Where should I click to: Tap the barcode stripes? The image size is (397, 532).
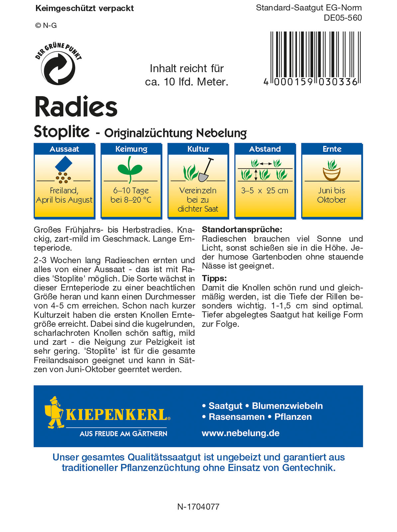(315, 55)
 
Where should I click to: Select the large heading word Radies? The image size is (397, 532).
(76, 107)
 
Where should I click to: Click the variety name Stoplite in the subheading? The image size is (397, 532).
(62, 132)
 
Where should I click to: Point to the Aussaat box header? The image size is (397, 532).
(64, 149)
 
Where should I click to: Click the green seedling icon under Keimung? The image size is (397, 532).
(130, 169)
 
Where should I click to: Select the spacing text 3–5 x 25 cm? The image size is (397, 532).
(265, 191)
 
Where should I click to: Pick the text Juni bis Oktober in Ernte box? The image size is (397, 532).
(332, 195)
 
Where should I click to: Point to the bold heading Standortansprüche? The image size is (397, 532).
(242, 229)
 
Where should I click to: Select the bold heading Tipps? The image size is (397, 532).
(214, 278)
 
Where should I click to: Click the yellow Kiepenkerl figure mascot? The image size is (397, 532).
(54, 412)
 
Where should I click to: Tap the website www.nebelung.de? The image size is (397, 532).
(241, 433)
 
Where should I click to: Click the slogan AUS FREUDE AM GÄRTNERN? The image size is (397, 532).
(123, 434)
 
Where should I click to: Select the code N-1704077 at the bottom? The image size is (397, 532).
(198, 507)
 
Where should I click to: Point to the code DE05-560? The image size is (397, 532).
(343, 18)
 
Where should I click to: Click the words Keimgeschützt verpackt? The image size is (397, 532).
(84, 9)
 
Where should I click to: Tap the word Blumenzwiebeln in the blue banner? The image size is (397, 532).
(287, 406)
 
